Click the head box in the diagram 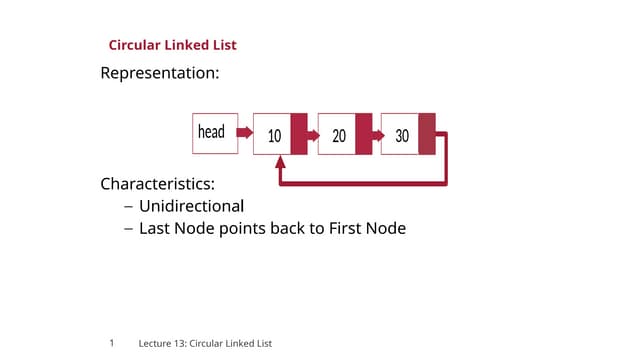[x=214, y=133]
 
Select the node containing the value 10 [x=273, y=134]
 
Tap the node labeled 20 [x=338, y=134]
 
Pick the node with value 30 [x=401, y=134]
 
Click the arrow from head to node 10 [x=245, y=132]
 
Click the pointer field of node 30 [x=427, y=134]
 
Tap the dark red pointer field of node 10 [x=299, y=134]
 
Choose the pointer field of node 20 [x=363, y=134]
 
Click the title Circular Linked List [x=172, y=45]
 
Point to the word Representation [x=159, y=73]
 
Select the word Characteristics [x=157, y=184]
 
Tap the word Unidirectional [x=191, y=206]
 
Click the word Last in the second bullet [x=155, y=228]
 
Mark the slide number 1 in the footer [x=112, y=343]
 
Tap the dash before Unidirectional [x=128, y=207]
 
